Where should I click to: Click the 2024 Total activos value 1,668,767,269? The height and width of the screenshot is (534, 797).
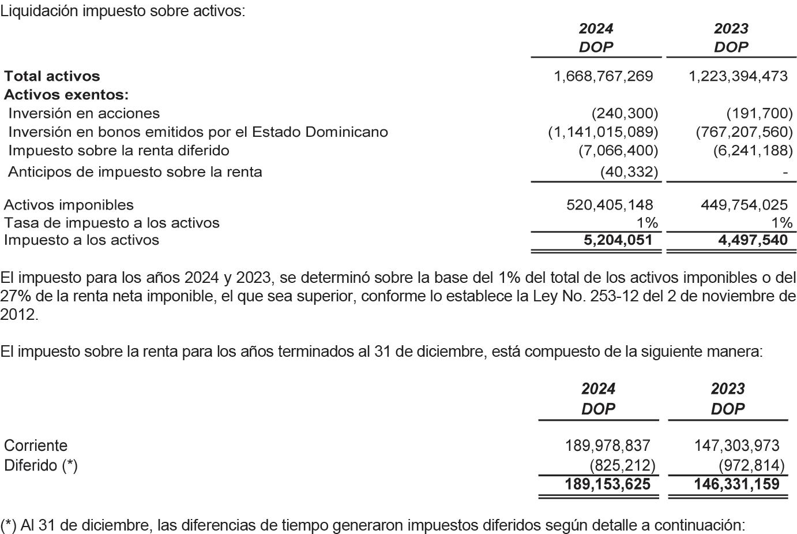[603, 76]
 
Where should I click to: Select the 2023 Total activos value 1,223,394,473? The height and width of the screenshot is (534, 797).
[738, 76]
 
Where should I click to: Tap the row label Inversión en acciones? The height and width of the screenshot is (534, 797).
[84, 113]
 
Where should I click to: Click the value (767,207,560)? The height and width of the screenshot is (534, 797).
[744, 132]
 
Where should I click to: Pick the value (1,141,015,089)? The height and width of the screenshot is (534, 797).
[603, 132]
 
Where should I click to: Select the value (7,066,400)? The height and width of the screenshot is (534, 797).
[618, 151]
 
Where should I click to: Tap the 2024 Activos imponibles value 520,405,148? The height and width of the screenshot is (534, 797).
[610, 205]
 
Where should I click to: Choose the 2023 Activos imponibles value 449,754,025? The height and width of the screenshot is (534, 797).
[744, 205]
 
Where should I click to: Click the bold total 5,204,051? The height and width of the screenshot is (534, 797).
[618, 240]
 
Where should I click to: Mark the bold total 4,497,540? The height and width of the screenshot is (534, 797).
[753, 240]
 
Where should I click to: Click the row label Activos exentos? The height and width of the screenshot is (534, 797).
[66, 95]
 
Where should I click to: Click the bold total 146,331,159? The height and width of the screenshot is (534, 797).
[736, 484]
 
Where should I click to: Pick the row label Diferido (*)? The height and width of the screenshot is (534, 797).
[40, 465]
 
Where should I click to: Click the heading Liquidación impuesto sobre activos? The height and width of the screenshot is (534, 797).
[122, 11]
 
